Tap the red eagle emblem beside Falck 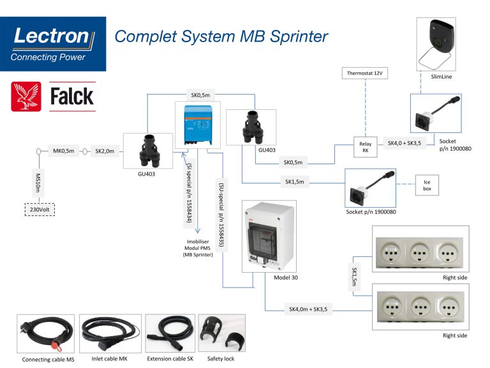point(26,96)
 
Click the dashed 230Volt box point(38,209)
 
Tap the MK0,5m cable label point(64,151)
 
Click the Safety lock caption point(221,358)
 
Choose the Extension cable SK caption point(169,358)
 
